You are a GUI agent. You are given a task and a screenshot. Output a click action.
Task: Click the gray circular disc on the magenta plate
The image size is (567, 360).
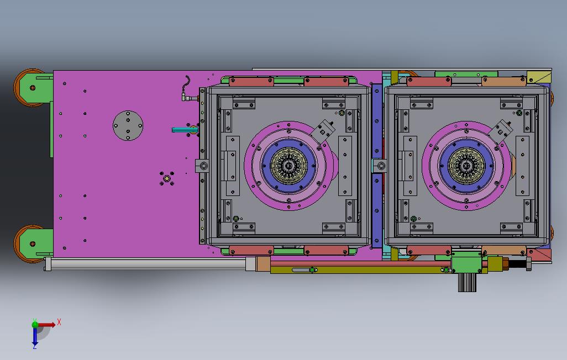click(x=128, y=125)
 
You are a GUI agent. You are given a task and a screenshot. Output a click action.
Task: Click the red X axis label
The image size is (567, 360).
click(x=59, y=322)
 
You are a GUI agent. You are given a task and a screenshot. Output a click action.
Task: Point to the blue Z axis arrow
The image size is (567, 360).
click(x=35, y=336)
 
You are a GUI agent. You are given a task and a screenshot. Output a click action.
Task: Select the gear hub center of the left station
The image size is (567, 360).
click(x=288, y=166)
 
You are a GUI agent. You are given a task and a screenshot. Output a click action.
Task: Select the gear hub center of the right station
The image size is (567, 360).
click(x=466, y=166)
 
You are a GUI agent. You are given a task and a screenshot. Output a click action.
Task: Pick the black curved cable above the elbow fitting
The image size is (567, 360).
click(x=187, y=84)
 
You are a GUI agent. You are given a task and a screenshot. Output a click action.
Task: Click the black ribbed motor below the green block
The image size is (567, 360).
click(x=467, y=282)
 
